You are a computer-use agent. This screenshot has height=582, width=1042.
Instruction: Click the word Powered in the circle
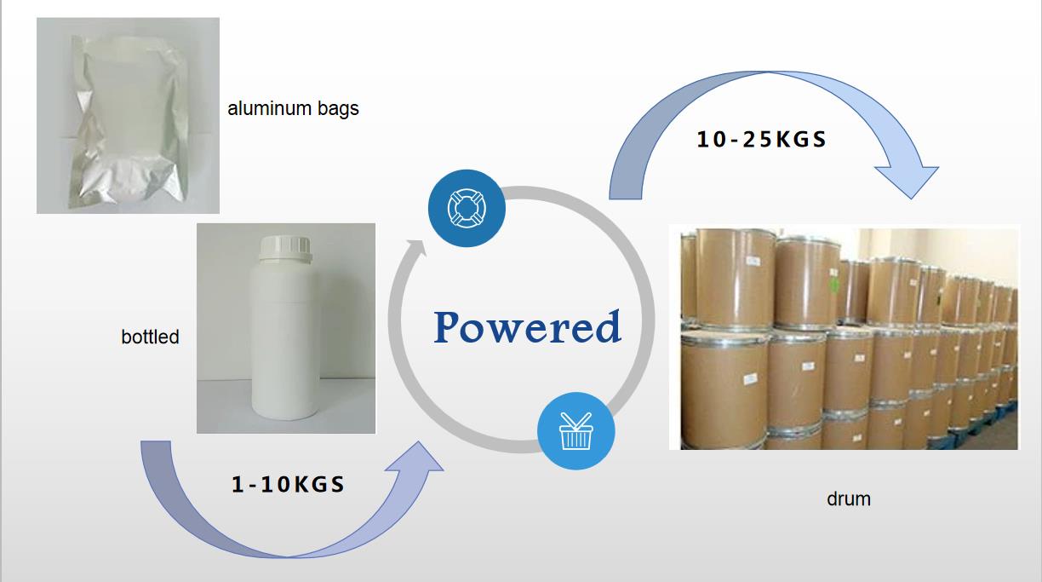527,327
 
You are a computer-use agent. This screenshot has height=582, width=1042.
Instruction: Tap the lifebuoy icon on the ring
467,209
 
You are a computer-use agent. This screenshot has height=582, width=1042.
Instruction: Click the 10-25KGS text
761,140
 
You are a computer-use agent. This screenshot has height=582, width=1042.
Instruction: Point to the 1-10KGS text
288,485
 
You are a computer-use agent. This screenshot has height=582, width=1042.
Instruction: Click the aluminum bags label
293,109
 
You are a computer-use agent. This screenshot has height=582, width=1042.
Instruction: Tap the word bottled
150,337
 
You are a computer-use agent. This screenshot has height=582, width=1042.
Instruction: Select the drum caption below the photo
848,498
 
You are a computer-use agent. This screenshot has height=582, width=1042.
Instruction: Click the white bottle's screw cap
285,244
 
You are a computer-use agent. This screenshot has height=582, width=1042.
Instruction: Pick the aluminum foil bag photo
128,115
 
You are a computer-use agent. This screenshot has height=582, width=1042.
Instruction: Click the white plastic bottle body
285,341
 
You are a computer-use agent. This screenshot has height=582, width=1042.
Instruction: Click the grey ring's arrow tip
417,247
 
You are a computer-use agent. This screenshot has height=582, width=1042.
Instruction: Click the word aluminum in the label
272,109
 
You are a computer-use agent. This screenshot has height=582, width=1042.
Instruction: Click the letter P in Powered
451,327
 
